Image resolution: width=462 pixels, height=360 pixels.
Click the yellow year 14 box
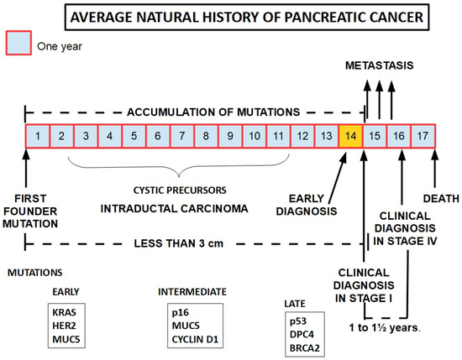point(351,135)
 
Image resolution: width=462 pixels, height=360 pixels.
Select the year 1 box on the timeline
point(38,135)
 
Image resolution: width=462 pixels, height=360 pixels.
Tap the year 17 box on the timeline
point(424,135)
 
